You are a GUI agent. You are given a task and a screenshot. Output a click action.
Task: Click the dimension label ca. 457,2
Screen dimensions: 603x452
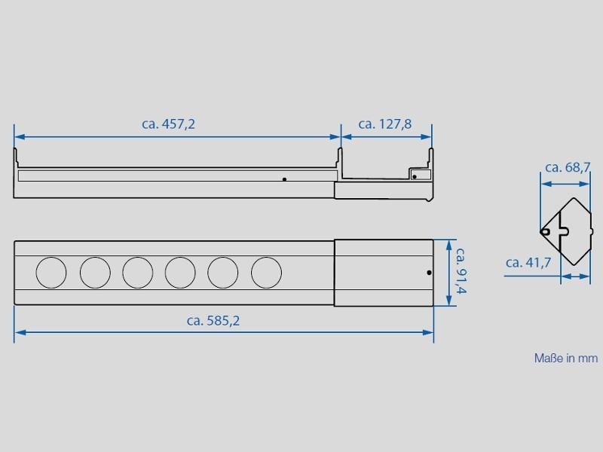point(168,124)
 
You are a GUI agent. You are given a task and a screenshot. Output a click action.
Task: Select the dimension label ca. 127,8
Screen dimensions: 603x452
point(385,124)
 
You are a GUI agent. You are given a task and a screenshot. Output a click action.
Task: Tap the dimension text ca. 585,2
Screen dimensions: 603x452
point(213,321)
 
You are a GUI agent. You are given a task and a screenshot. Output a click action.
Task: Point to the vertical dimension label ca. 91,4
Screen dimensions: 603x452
point(461,270)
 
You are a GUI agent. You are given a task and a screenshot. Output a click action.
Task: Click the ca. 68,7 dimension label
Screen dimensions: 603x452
point(568,167)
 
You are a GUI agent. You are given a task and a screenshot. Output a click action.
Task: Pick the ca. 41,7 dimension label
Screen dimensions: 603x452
point(528,262)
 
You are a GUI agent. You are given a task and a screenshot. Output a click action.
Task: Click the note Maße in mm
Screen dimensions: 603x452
point(566,359)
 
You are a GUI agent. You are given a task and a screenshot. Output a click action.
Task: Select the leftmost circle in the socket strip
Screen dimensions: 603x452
point(51,273)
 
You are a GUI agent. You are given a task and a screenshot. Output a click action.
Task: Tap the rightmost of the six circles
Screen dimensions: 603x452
point(267,273)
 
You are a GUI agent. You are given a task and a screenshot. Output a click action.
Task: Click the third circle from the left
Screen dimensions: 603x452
point(138,273)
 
